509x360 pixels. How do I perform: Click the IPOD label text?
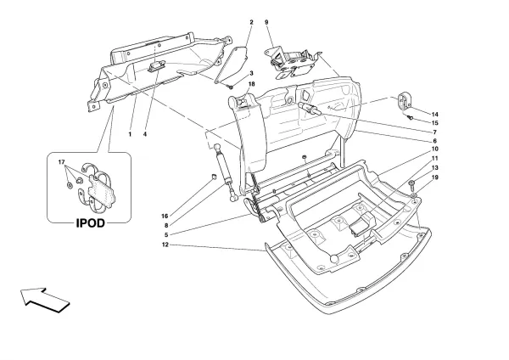(x=91, y=223)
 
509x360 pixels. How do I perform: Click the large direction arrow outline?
(x=45, y=300)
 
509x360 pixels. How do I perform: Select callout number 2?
(x=251, y=22)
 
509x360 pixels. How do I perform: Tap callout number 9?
(x=266, y=22)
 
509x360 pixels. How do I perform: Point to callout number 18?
(x=252, y=84)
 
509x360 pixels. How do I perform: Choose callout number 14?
(x=435, y=115)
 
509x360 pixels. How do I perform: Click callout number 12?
(x=165, y=245)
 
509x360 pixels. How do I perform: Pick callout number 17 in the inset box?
(x=62, y=162)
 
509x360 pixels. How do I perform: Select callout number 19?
(x=435, y=177)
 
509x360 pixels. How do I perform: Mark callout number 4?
(x=145, y=134)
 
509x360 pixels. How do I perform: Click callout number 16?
(x=165, y=216)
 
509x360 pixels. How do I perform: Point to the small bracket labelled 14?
(x=404, y=100)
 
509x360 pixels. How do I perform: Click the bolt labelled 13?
(x=411, y=185)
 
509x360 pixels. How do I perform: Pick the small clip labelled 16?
(x=214, y=177)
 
